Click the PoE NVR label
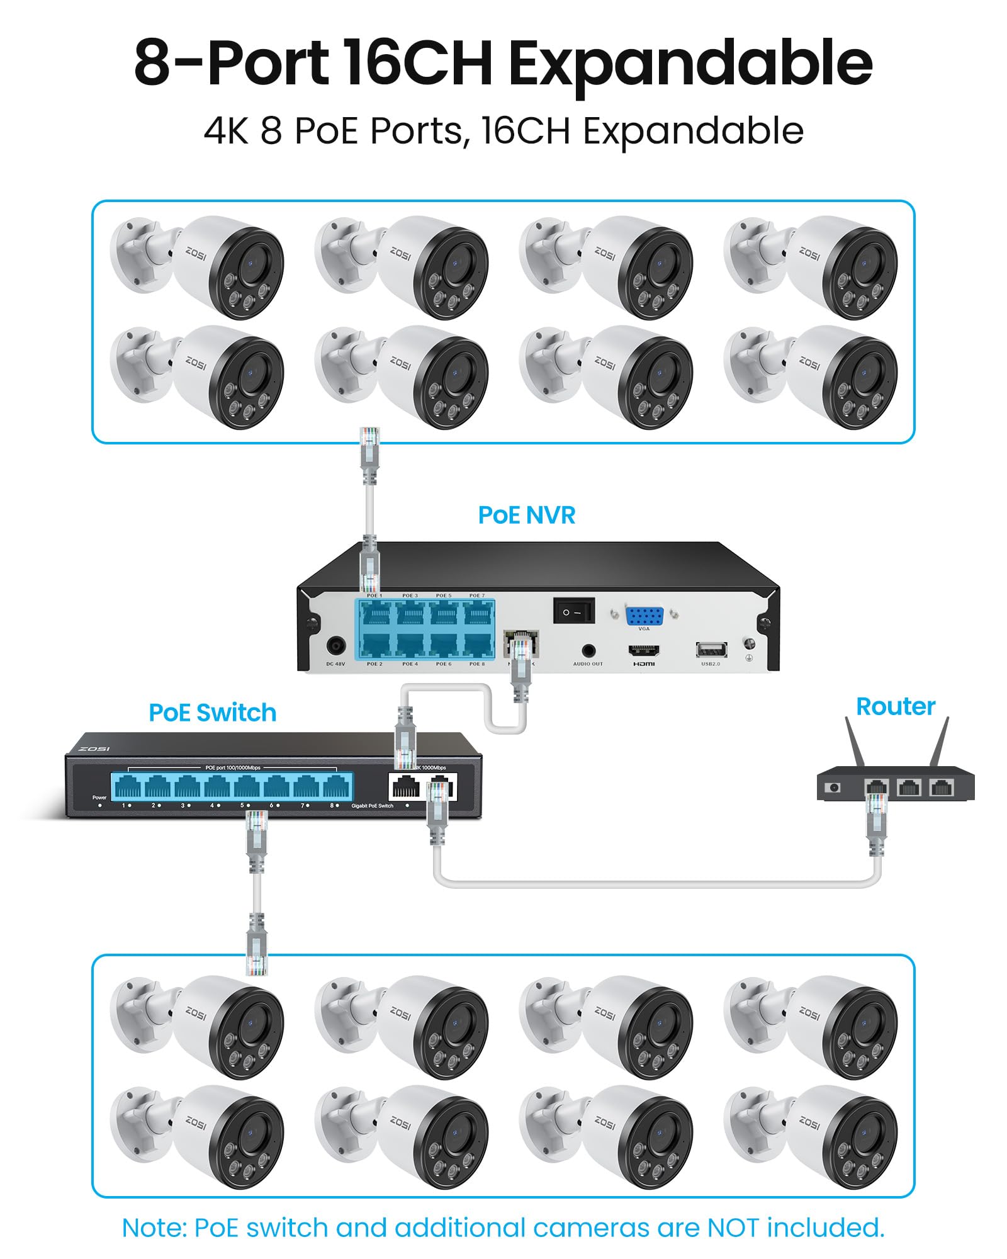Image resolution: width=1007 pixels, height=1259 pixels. (526, 515)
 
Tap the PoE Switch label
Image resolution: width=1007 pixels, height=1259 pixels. (212, 713)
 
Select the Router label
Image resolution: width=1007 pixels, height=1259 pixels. (895, 706)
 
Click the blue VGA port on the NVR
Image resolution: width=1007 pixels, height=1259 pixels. (644, 615)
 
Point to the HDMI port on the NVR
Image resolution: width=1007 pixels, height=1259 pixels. (643, 650)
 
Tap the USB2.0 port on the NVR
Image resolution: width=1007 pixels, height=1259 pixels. (711, 650)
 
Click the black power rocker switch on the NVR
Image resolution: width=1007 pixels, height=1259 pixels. (573, 611)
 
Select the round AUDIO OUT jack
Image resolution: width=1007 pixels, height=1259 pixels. (588, 650)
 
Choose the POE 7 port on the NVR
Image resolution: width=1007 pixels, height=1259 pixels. (478, 613)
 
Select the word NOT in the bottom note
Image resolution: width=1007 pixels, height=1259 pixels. (733, 1228)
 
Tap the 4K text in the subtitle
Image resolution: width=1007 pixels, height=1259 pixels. (225, 131)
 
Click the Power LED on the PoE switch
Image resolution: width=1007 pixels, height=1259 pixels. (99, 805)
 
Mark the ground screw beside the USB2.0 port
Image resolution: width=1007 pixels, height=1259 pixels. (749, 645)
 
